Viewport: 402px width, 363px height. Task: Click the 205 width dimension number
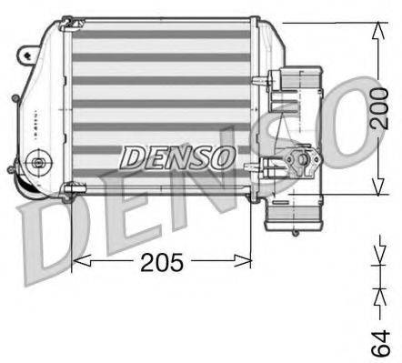click(162, 263)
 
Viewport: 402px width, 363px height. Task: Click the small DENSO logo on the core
click(177, 156)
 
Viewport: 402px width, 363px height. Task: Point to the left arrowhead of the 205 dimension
click(77, 262)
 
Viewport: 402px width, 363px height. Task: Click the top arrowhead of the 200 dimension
click(375, 29)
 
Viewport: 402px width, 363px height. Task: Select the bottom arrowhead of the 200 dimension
click(375, 188)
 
